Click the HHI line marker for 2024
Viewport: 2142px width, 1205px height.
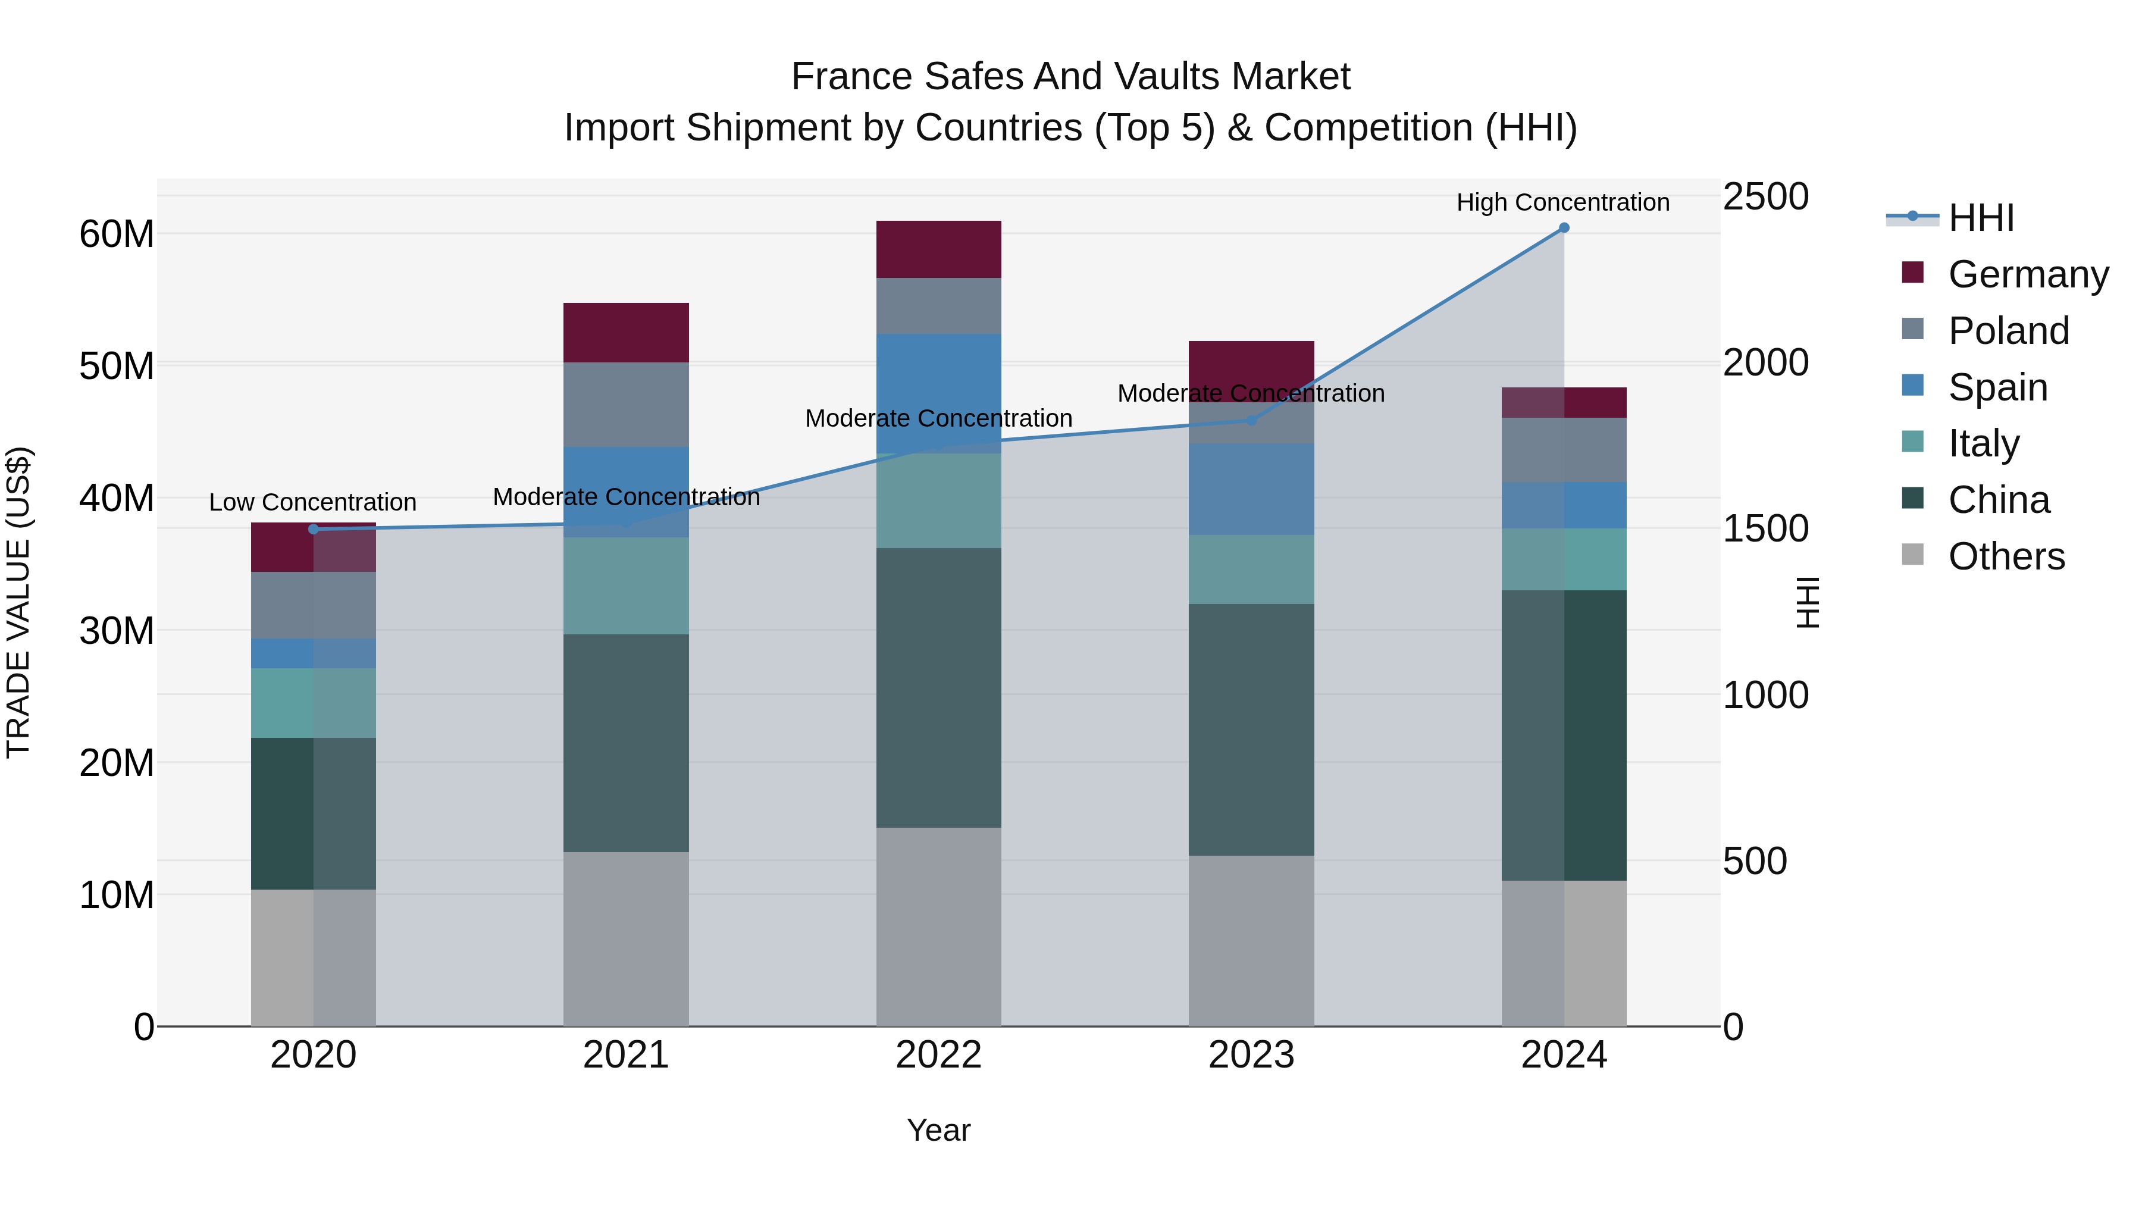(1563, 228)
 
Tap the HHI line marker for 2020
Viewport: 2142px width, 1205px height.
(314, 529)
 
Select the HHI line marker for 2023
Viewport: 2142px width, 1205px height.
(1251, 421)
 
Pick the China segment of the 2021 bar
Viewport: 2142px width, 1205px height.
(625, 743)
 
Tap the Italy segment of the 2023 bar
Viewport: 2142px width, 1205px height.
(1251, 569)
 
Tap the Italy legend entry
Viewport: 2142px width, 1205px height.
(1983, 443)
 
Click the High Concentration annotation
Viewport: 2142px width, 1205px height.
(1562, 202)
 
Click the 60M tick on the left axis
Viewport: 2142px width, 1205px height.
(117, 234)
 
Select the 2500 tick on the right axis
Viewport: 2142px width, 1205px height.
(1765, 197)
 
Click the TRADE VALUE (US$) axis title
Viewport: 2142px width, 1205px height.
(18, 602)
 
